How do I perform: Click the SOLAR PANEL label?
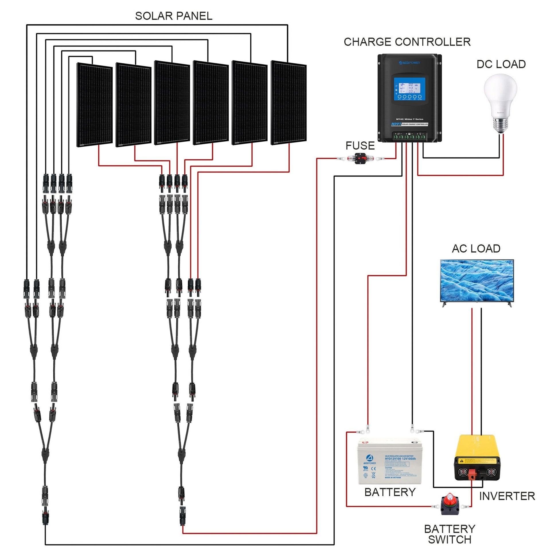(173, 16)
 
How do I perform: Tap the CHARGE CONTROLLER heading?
(407, 42)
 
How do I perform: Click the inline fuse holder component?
(360, 159)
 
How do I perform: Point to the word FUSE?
(360, 146)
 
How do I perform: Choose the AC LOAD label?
(476, 249)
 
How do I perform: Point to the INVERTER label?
(507, 496)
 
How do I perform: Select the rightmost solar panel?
(288, 103)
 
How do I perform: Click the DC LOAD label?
(501, 65)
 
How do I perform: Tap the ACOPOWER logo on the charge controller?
(409, 63)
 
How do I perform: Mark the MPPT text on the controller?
(396, 124)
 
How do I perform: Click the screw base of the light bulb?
(500, 125)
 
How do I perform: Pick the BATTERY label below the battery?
(390, 492)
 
